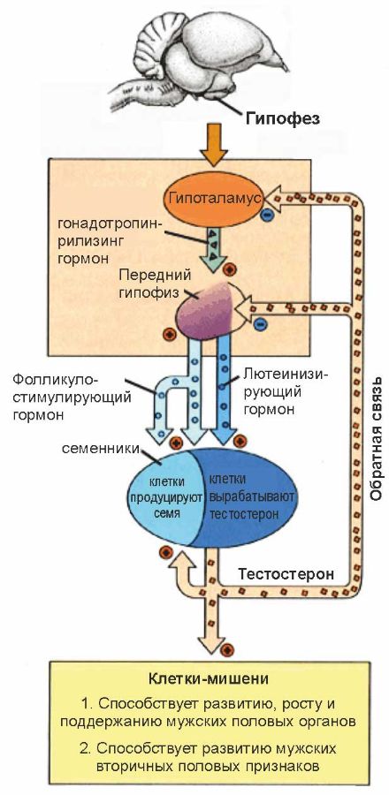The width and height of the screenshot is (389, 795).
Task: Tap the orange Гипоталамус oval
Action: tap(211, 201)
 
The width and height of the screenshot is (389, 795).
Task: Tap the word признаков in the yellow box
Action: tap(272, 767)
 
